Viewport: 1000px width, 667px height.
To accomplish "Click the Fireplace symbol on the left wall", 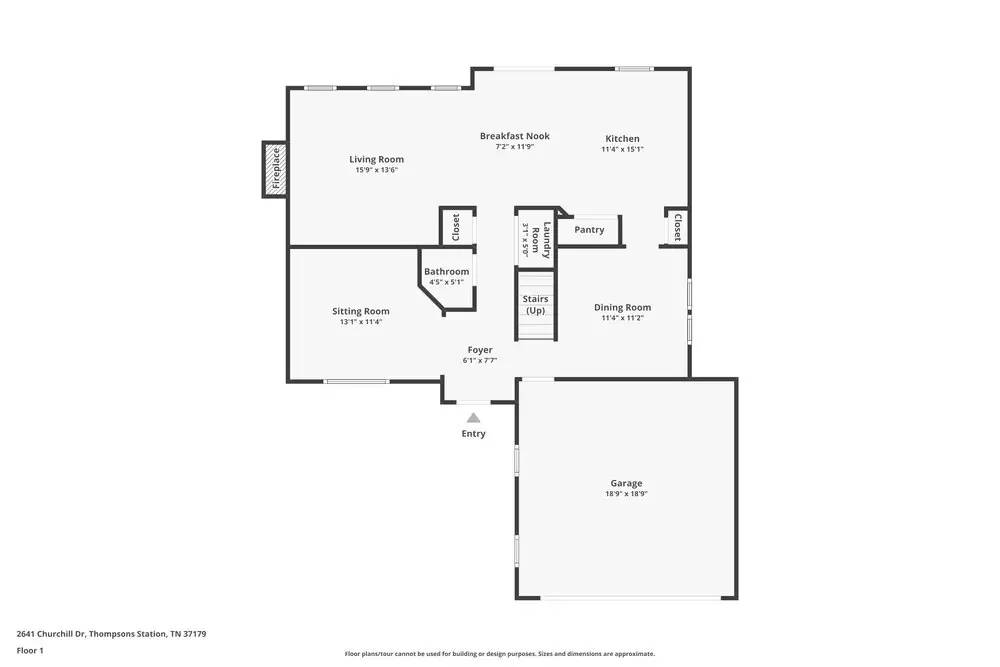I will coord(276,170).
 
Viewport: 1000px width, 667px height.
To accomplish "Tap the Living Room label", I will coord(376,159).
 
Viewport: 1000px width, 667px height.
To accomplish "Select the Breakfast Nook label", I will coord(514,136).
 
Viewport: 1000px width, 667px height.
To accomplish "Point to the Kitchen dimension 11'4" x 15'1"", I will coord(622,149).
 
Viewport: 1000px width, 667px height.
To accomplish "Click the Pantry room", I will coord(589,230).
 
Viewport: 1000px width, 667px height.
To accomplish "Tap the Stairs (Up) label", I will coord(536,304).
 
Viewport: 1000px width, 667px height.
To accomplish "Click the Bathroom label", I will coord(446,271).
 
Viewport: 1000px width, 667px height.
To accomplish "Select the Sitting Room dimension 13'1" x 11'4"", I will coord(361,322).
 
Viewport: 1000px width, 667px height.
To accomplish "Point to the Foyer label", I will coord(480,350).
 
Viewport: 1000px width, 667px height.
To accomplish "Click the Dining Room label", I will coord(622,307).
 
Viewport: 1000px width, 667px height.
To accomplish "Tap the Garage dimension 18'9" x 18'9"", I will coord(627,494).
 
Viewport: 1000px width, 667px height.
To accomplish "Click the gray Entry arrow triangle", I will coord(473,418).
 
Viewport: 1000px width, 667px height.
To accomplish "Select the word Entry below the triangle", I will coord(473,434).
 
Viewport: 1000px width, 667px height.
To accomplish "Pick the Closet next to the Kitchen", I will coord(677,227).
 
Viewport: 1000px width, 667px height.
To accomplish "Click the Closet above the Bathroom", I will coord(456,227).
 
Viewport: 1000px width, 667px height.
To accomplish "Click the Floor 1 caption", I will coord(30,650).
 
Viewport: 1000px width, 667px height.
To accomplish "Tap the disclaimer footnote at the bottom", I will coord(500,653).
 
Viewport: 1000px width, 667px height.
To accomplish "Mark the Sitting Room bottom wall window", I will coord(356,381).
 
